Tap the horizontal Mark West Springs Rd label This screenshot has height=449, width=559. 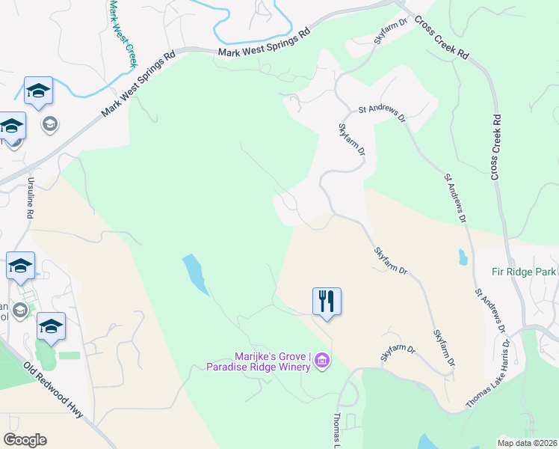(x=264, y=44)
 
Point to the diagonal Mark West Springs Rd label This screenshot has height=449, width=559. (x=138, y=82)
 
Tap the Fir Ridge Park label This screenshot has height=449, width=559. (x=524, y=272)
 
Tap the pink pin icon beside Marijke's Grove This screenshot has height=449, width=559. (x=323, y=361)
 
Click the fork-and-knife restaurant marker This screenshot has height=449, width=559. (x=327, y=301)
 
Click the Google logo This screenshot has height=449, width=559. (x=25, y=440)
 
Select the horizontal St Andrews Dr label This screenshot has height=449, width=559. (x=381, y=109)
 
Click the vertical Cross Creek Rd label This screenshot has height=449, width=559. (x=495, y=147)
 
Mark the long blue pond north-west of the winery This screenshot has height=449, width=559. (x=194, y=273)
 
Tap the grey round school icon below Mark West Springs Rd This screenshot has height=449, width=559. (x=50, y=123)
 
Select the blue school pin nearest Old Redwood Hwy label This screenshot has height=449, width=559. (x=51, y=326)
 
